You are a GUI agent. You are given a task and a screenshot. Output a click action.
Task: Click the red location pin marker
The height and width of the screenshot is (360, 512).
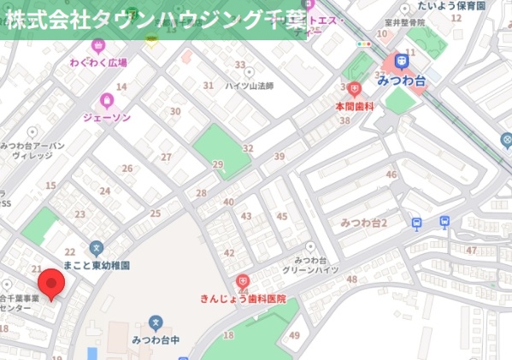tap(52, 284)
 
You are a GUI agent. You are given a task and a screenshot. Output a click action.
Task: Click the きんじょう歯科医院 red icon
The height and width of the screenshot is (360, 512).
tap(243, 281)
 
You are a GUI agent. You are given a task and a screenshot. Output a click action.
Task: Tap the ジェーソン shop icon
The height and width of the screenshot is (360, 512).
tap(107, 100)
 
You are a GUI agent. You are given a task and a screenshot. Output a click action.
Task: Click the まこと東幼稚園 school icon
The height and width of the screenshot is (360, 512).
tap(96, 248)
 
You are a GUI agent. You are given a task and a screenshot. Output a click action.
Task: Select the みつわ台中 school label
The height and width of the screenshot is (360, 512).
tap(156, 339)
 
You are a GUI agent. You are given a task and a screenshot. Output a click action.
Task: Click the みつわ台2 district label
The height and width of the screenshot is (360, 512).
tap(364, 223)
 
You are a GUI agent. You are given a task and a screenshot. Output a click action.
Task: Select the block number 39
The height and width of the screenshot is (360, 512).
tap(280, 156)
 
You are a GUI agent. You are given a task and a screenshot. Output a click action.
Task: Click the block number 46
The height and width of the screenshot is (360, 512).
tap(391, 175)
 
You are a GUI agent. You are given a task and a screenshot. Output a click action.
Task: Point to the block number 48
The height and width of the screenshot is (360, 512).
tap(351, 280)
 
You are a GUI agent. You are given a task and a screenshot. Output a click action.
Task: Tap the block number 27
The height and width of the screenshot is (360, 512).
tap(166, 157)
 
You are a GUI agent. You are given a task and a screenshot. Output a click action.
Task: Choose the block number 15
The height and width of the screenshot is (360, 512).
tap(50, 186)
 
